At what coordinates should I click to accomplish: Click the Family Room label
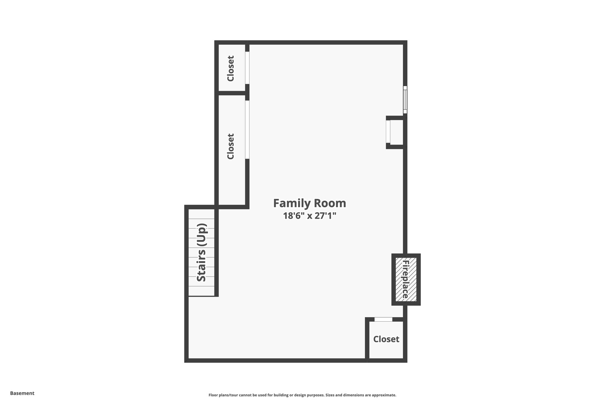(310, 203)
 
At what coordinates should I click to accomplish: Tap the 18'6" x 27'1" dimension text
(310, 216)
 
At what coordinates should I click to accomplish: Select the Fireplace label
(406, 279)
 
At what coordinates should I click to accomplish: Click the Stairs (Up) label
(202, 253)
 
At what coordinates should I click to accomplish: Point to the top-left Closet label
(231, 69)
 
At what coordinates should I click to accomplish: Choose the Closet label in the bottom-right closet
(386, 339)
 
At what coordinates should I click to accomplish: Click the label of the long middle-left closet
(231, 147)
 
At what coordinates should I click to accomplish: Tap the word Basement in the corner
(22, 393)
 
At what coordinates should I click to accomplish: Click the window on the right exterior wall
(405, 100)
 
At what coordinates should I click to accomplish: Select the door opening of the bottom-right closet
(383, 319)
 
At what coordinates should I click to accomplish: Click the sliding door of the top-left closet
(247, 68)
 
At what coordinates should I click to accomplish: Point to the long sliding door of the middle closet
(247, 129)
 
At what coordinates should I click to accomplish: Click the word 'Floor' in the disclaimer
(213, 395)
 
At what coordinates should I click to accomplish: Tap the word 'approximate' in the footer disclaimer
(384, 395)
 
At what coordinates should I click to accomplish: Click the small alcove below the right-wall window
(395, 132)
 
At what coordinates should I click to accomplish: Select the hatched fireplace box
(406, 279)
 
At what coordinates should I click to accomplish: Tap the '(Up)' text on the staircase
(202, 235)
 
